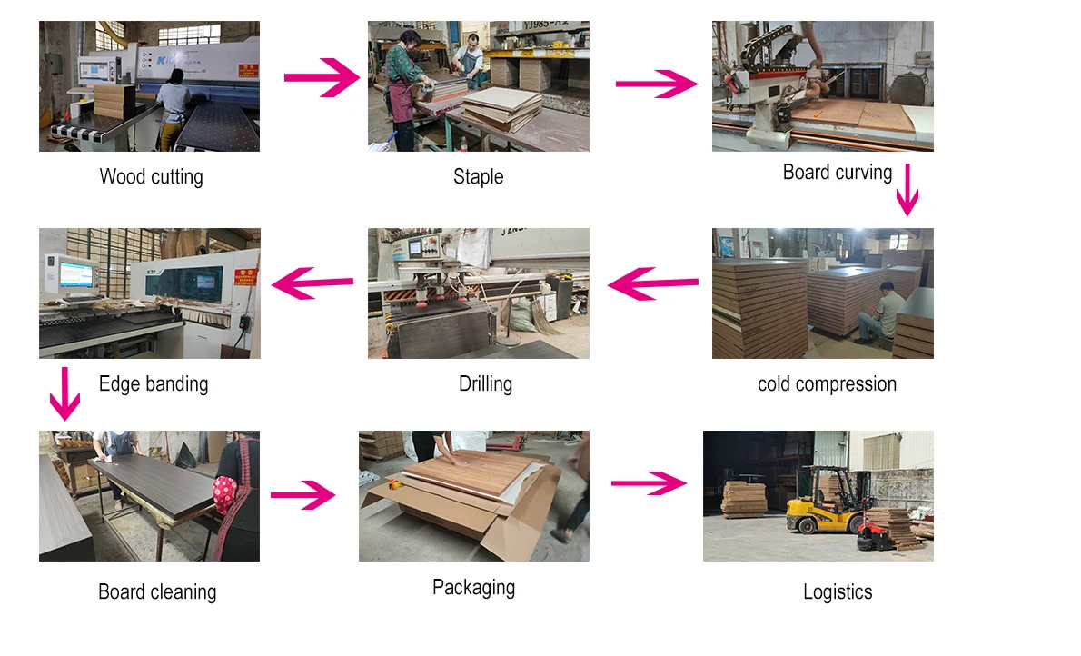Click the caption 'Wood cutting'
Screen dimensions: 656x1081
point(151,176)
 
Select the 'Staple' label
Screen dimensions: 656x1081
point(478,176)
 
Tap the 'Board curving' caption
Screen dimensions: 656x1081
point(838,173)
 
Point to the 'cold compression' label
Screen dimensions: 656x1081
point(827,383)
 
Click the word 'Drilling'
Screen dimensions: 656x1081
point(485,383)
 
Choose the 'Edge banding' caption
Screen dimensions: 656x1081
point(154,383)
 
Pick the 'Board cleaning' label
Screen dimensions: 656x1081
point(157,592)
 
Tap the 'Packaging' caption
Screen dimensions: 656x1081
point(473,587)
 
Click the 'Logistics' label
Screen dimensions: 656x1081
point(838,592)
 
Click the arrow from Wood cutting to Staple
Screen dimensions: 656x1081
point(322,78)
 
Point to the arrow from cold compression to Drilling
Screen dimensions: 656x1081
point(652,284)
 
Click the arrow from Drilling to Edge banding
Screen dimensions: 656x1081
point(313,283)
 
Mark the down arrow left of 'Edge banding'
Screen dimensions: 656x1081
point(64,393)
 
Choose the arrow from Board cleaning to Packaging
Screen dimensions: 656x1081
point(303,495)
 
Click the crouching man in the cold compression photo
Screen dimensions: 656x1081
point(885,313)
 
